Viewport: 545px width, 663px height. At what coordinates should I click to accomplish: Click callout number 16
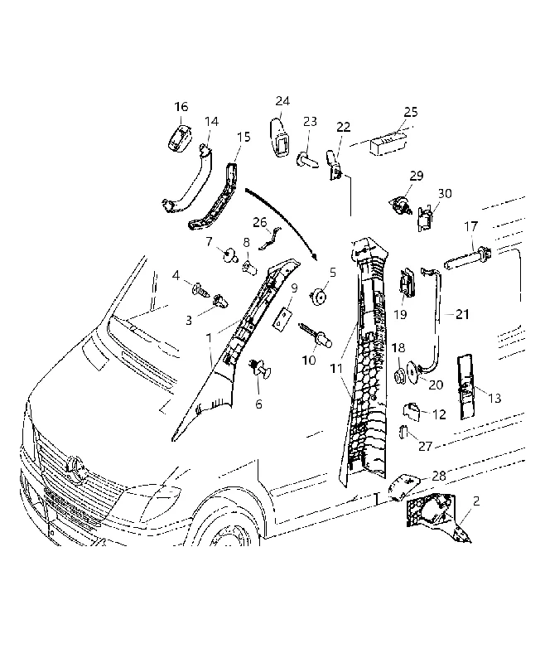coord(181,107)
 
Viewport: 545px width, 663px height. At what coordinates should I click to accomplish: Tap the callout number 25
coord(411,112)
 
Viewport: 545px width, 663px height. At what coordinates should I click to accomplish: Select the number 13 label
coord(494,398)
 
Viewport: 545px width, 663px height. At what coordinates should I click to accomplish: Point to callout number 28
coord(439,476)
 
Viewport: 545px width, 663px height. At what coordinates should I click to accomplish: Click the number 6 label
coord(258,404)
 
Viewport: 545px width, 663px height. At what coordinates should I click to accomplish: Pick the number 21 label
coord(463,314)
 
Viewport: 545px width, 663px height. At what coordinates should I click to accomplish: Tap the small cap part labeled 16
coord(180,137)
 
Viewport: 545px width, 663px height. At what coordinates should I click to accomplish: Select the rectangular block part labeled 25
coord(388,142)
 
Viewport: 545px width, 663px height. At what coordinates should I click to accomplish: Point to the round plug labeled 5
coord(319,297)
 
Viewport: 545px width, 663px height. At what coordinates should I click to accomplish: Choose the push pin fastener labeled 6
coord(261,370)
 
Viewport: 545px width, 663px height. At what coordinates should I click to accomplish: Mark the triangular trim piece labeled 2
coord(437,516)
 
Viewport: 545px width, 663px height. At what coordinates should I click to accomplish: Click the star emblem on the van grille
coord(75,467)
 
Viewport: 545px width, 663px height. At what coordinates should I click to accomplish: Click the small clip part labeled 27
coord(403,433)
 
